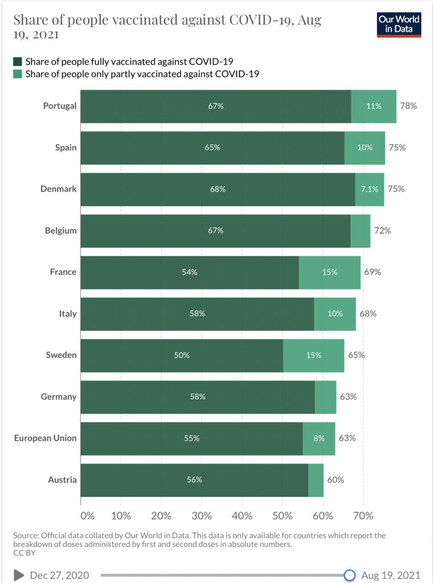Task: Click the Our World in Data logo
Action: click(399, 25)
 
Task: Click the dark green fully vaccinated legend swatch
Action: click(18, 62)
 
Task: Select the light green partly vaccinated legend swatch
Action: click(18, 74)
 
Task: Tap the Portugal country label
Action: click(59, 106)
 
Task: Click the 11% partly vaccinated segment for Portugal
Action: click(374, 106)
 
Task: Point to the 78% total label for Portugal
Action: click(408, 106)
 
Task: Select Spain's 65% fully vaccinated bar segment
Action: click(212, 148)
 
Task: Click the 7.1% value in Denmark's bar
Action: click(370, 189)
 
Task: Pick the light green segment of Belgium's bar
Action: click(361, 231)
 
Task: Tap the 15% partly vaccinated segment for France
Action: click(330, 272)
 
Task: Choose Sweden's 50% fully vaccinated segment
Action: click(181, 355)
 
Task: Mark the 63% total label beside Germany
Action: click(348, 397)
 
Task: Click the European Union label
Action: click(45, 438)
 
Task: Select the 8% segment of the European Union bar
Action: click(319, 438)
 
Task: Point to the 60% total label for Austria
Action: click(335, 480)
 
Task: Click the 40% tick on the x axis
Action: click(242, 516)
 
